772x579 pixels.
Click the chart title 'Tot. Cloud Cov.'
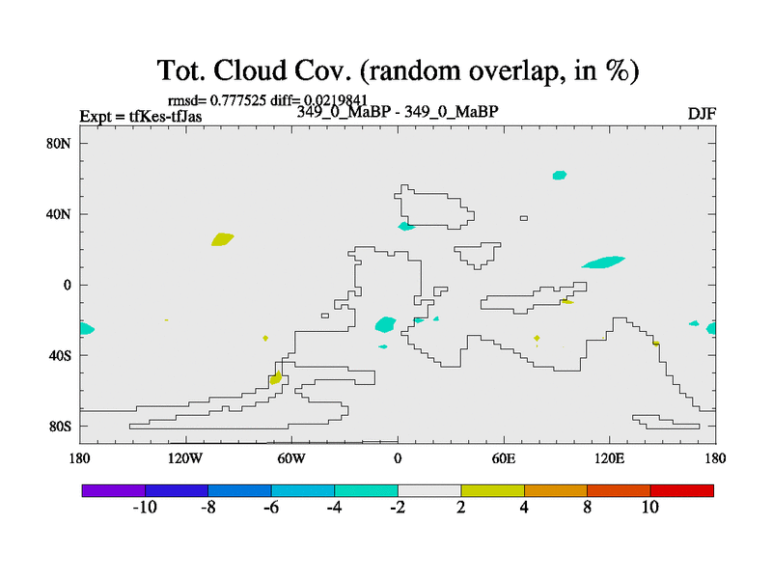click(x=254, y=70)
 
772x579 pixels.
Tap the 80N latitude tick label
click(x=59, y=144)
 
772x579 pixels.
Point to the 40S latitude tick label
click(x=60, y=355)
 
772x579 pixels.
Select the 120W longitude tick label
click(x=185, y=459)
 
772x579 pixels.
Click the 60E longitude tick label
click(x=504, y=459)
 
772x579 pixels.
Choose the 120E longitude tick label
click(x=610, y=459)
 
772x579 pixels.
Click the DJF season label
click(x=702, y=114)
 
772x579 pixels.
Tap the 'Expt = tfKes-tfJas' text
click(x=141, y=117)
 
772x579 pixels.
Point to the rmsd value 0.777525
click(x=238, y=100)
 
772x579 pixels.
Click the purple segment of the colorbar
click(x=114, y=491)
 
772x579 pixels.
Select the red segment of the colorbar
click(x=682, y=491)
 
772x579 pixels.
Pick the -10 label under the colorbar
click(x=145, y=508)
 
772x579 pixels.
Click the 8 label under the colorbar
click(x=587, y=508)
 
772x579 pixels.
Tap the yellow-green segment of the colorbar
click(x=492, y=491)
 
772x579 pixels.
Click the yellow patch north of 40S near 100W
click(x=223, y=239)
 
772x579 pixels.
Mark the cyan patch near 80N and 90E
click(x=560, y=176)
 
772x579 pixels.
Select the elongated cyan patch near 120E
click(x=604, y=262)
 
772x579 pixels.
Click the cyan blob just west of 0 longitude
click(x=385, y=324)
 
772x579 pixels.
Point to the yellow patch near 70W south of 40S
click(x=276, y=377)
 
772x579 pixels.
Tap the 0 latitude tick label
click(x=67, y=286)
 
